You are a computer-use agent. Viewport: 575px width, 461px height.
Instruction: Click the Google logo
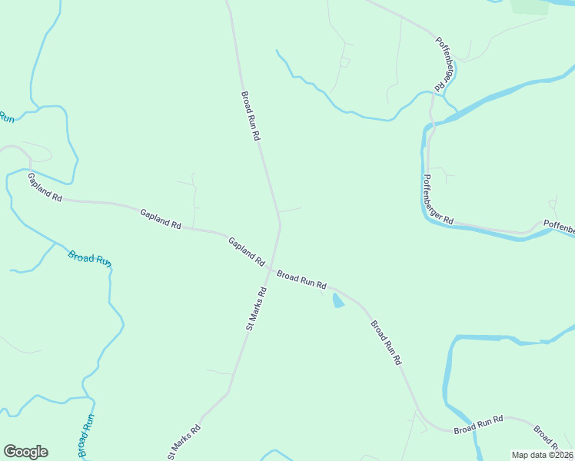(x=25, y=452)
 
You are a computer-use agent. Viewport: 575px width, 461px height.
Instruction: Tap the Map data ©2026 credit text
(x=542, y=455)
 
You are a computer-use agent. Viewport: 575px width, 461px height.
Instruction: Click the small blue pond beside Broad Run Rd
(x=337, y=301)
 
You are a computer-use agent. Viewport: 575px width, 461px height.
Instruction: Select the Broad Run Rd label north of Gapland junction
(x=252, y=116)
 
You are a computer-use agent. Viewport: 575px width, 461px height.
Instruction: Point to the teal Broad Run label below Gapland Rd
(x=89, y=257)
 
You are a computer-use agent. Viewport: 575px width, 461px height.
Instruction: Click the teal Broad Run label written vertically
(x=85, y=436)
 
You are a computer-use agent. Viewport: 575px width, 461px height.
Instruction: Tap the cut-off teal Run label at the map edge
(x=6, y=117)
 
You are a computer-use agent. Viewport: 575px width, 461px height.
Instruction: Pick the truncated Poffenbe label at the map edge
(x=559, y=227)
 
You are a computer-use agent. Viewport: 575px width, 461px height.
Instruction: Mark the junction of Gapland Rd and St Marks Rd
(x=271, y=267)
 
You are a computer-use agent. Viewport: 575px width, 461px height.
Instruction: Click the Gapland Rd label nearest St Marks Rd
(x=246, y=250)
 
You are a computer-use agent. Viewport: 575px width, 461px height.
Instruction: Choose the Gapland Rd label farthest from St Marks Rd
(x=45, y=187)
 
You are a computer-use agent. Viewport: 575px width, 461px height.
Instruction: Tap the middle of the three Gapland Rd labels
(x=160, y=219)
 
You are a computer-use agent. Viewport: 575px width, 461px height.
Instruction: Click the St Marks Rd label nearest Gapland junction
(x=256, y=308)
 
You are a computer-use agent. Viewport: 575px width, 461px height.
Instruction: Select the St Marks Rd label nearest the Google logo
(x=184, y=442)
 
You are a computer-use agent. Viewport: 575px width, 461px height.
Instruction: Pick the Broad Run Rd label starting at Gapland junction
(x=301, y=278)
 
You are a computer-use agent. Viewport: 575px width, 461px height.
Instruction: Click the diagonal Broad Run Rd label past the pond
(x=386, y=342)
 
